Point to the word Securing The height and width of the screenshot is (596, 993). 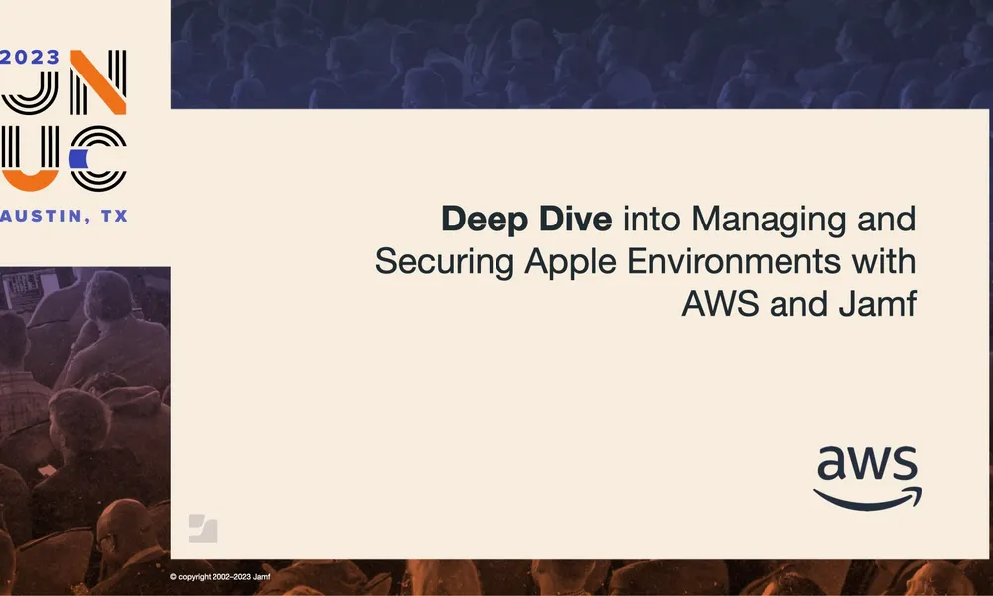434,262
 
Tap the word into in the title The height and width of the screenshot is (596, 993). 647,219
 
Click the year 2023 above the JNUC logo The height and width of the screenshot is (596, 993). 31,57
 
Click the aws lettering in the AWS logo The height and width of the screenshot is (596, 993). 867,465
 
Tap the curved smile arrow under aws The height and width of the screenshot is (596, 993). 867,498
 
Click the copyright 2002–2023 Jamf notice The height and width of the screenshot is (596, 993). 220,576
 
